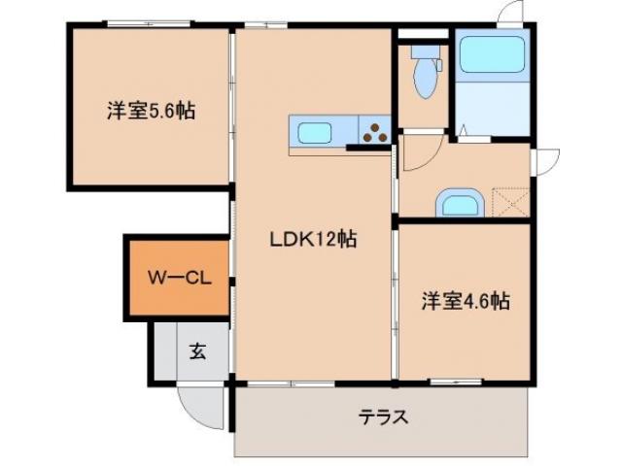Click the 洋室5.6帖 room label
[x=151, y=111]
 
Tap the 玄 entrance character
[x=196, y=350]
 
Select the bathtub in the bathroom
[x=494, y=55]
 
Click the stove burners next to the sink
[x=374, y=132]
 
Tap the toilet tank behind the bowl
[x=425, y=50]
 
